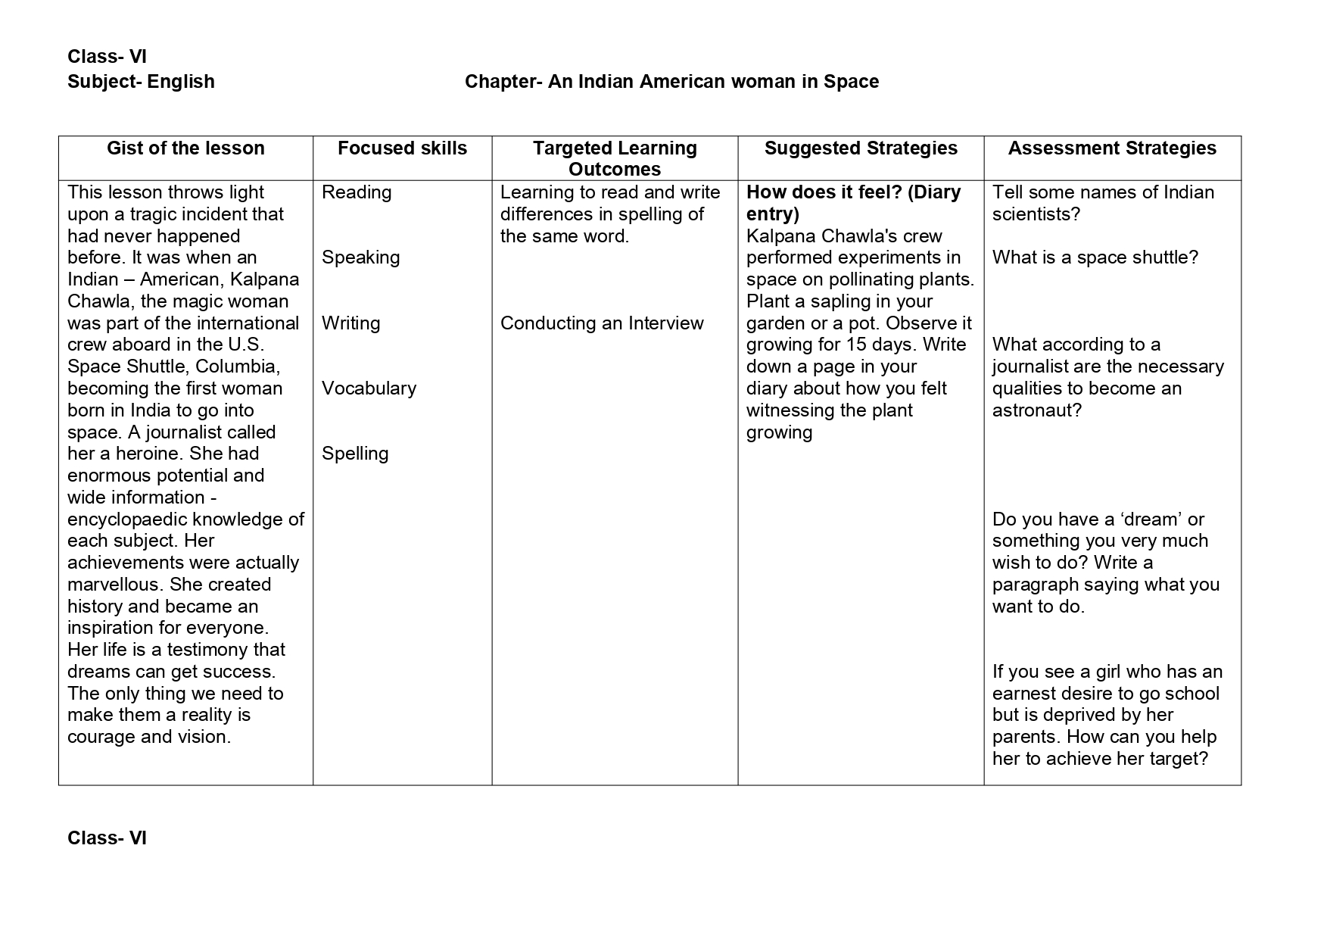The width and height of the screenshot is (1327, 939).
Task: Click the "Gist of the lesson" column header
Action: point(185,148)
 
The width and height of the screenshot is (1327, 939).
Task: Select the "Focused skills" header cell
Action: point(402,148)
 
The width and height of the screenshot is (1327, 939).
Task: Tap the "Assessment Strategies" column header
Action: point(1111,148)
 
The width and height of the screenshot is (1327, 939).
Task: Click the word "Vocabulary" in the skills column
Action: point(369,388)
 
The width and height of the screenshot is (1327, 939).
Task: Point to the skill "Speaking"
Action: point(360,257)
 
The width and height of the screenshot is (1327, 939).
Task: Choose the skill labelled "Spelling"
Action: point(355,454)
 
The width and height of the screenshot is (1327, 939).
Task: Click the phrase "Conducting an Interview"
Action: point(602,323)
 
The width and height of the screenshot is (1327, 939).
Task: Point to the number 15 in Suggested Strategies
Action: point(855,345)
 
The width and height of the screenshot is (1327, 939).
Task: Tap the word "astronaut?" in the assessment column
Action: point(1037,410)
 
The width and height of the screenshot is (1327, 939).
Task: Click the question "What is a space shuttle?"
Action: point(1095,257)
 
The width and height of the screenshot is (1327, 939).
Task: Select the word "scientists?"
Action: point(1036,214)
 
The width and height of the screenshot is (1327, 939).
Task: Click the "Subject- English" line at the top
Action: point(141,82)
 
